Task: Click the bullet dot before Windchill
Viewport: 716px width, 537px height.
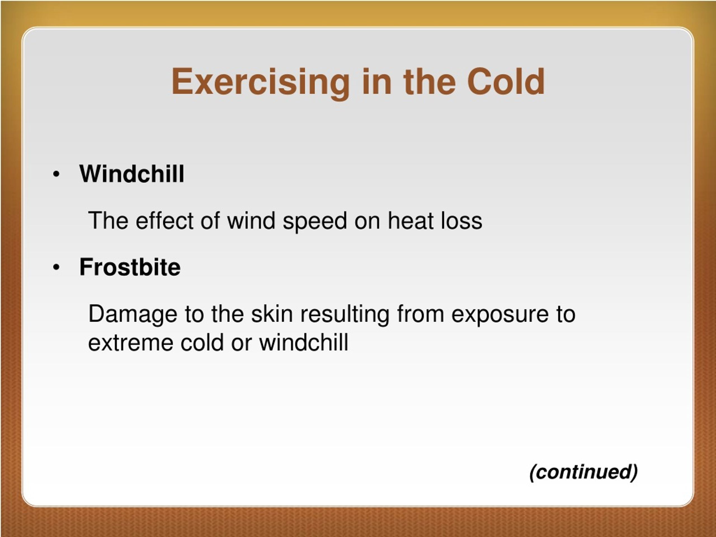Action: (x=56, y=174)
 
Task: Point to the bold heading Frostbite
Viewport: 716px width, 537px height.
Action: (x=130, y=267)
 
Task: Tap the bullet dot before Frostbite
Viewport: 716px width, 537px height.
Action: (x=56, y=268)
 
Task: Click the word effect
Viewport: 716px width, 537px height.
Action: (x=164, y=220)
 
